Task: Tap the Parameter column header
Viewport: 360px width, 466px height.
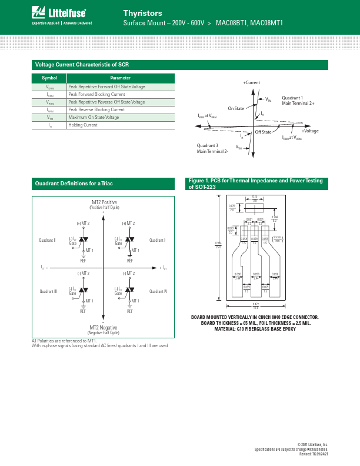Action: tap(121, 78)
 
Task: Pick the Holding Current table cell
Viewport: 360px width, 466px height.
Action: tap(82, 125)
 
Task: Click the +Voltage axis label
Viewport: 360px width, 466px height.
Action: tap(310, 131)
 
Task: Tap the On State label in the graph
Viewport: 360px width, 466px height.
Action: tap(236, 108)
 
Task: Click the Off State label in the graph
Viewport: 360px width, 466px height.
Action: tap(263, 132)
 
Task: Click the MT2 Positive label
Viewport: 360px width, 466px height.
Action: tap(104, 202)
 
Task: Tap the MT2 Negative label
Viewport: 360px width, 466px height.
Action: tap(104, 327)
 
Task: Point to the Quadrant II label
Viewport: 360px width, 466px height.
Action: tap(47, 240)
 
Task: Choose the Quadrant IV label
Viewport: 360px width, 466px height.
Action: tap(158, 291)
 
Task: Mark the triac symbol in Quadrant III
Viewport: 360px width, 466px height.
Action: tap(84, 291)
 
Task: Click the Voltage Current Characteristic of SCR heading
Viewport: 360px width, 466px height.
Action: tap(82, 64)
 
